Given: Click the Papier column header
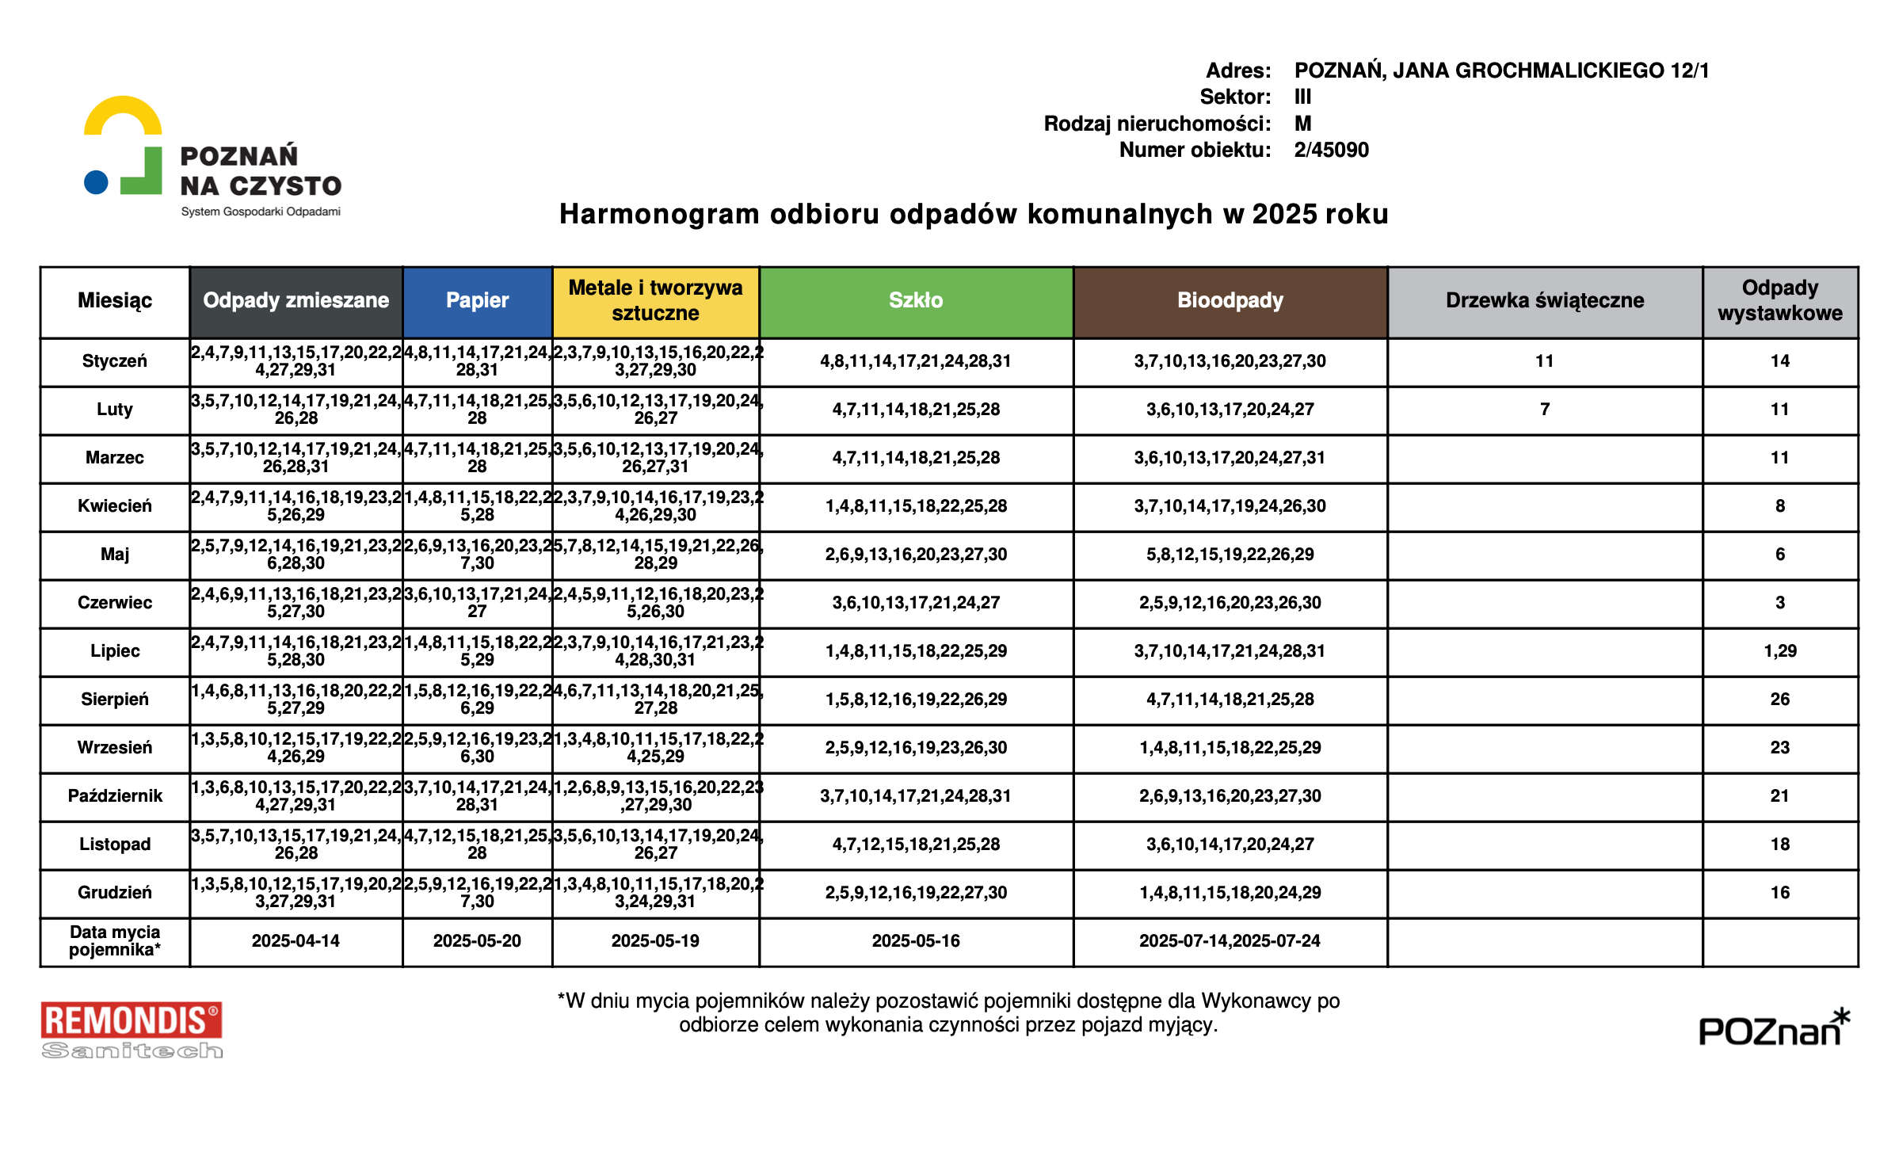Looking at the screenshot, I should click(477, 301).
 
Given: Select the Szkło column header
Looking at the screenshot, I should click(915, 301).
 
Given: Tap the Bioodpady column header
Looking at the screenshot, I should click(1230, 301).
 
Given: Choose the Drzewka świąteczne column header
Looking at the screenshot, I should click(1544, 301).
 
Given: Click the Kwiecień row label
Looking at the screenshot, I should click(115, 506).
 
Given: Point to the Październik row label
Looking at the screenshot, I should click(115, 796).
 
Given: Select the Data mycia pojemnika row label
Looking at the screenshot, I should click(115, 941).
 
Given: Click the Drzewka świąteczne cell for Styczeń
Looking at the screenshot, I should click(1544, 361).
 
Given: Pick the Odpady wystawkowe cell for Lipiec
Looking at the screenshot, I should click(1779, 651).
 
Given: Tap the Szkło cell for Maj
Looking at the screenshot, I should click(915, 555).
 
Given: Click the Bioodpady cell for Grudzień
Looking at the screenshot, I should click(1230, 893).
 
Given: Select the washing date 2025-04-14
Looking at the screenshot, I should click(295, 941).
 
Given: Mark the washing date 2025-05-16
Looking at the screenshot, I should click(915, 941).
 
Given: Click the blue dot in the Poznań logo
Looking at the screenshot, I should click(96, 182).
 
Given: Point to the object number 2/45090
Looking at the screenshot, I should click(1331, 150).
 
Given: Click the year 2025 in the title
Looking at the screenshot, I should click(1283, 215).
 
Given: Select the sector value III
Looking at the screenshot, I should click(1302, 97).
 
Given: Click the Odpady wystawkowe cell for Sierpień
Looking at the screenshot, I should click(1779, 700).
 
